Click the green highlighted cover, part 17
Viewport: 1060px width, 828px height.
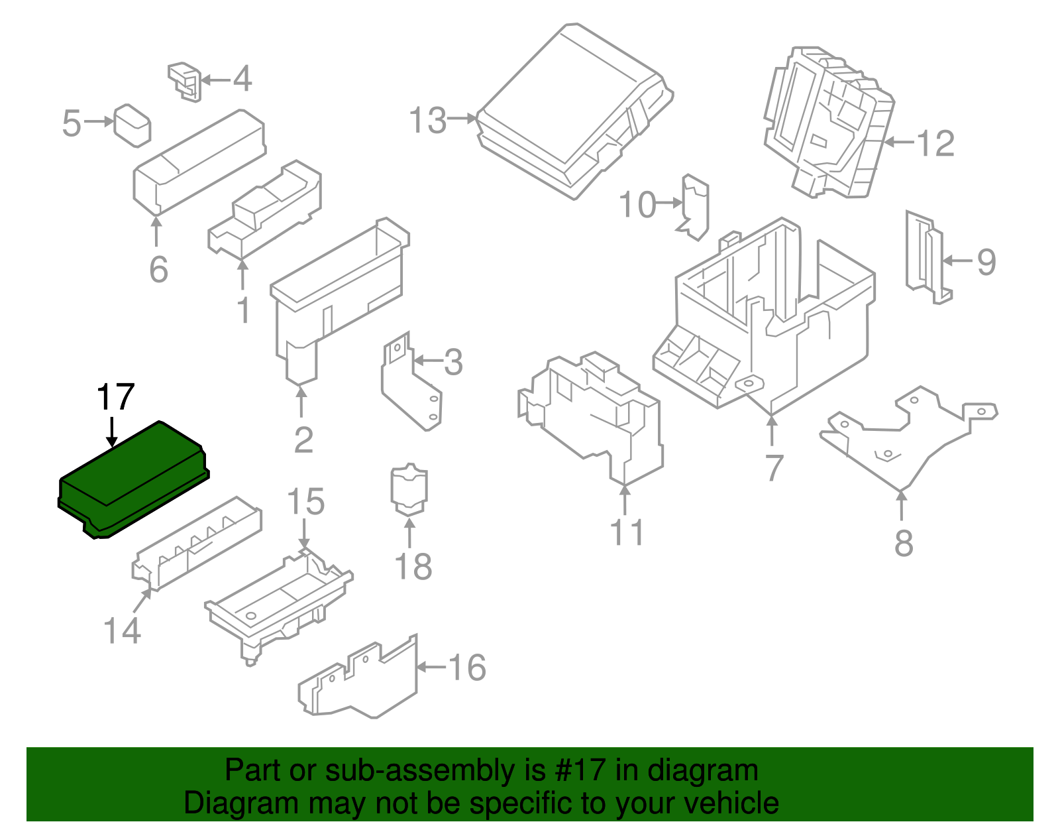coord(132,477)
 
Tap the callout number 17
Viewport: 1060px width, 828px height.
coord(115,398)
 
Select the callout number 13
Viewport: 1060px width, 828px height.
coord(428,121)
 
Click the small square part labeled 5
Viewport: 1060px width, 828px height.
coord(132,125)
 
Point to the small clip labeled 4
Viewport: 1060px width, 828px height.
coord(185,81)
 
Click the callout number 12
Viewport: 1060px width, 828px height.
coord(935,143)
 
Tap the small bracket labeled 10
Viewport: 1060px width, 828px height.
coord(695,206)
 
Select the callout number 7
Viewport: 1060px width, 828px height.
coord(774,467)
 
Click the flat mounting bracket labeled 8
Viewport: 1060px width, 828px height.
coord(908,438)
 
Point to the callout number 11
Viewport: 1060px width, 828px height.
coord(626,532)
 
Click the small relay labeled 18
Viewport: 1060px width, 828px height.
coord(409,491)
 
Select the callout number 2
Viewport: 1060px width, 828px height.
coord(303,440)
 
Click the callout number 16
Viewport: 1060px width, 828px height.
coord(467,667)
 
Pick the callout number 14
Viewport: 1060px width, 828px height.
coord(123,630)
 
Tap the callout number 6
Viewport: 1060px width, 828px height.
coord(158,269)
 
